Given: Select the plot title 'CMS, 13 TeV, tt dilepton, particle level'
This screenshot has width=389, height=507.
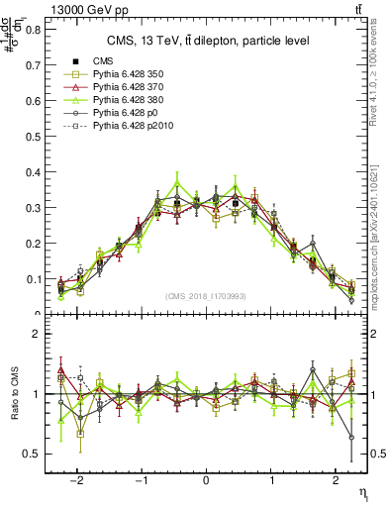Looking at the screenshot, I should tap(208, 41).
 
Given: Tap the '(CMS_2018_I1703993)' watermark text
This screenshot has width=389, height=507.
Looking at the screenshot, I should tap(206, 296).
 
